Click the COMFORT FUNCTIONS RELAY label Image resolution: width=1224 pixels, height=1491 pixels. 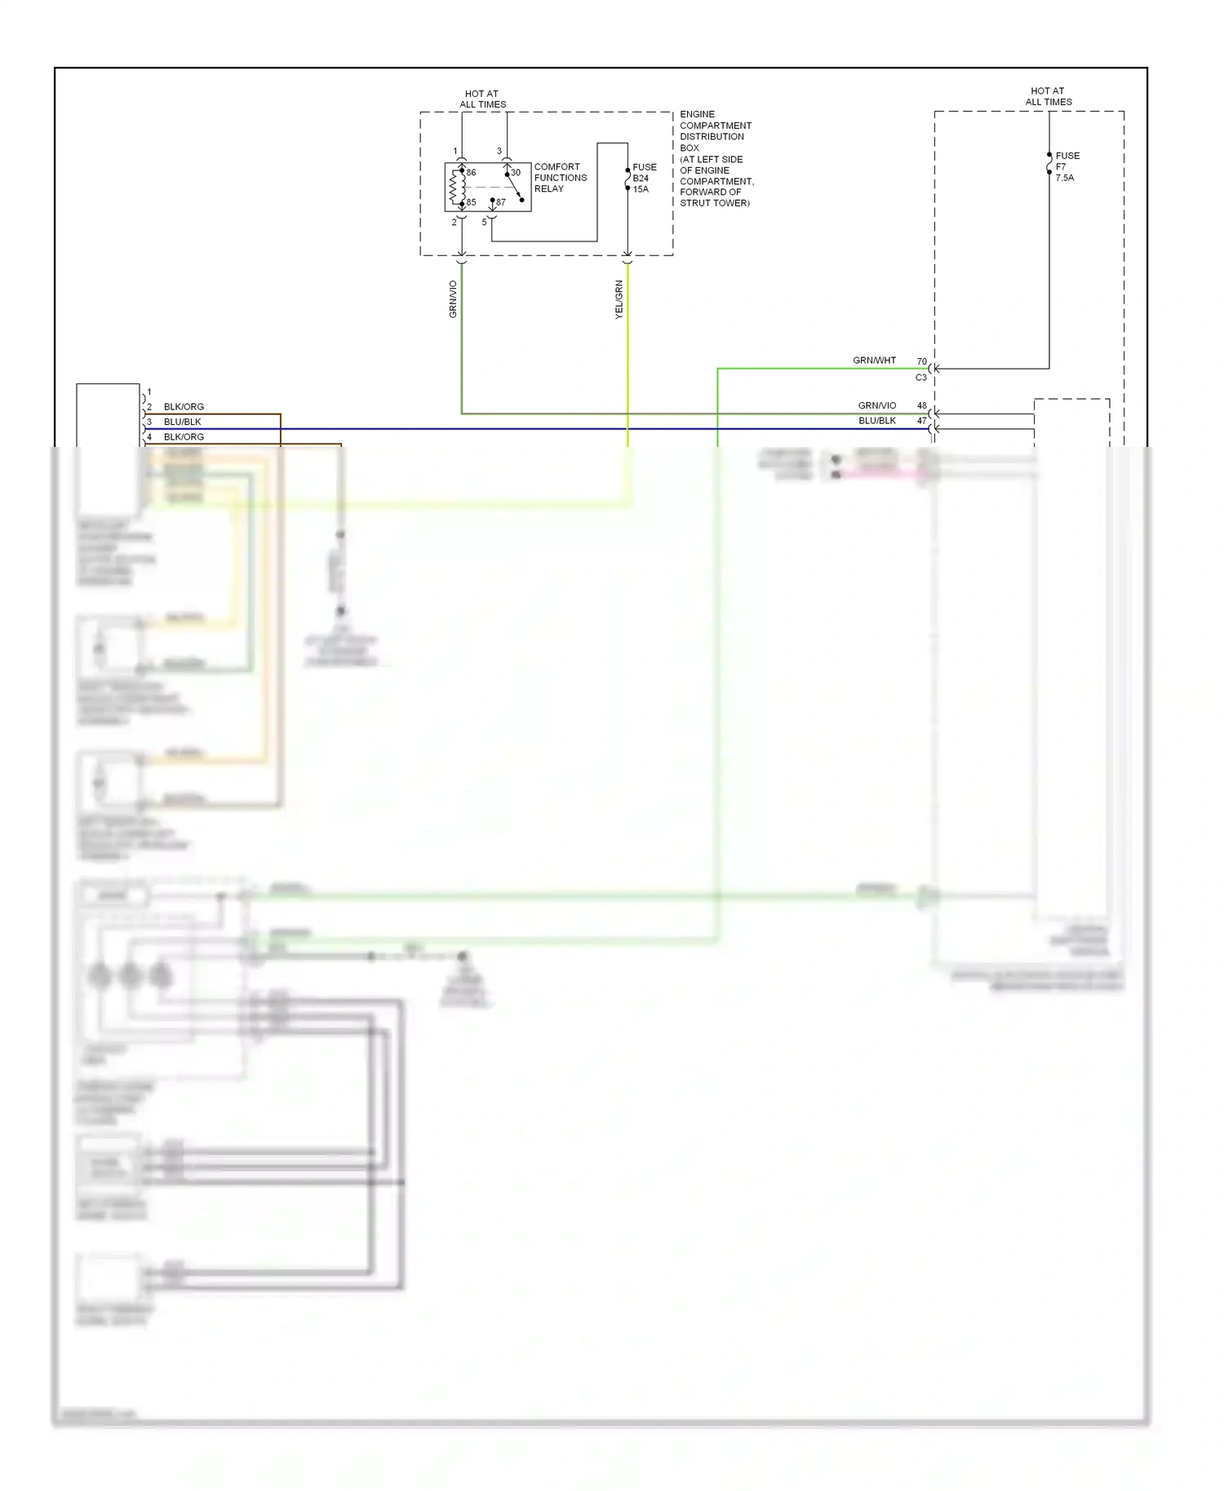pos(560,178)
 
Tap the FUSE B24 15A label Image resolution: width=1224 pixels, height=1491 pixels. pos(644,178)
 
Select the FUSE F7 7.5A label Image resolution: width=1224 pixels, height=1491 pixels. pos(1067,166)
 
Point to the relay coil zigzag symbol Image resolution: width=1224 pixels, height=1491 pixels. pos(455,188)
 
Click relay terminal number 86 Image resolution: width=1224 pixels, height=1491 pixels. pos(471,173)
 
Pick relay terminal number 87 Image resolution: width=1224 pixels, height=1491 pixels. pos(500,202)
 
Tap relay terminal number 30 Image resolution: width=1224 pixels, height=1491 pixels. pos(516,173)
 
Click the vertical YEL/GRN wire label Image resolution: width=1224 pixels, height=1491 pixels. pos(619,299)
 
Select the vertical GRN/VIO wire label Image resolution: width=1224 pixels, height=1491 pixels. pos(453,299)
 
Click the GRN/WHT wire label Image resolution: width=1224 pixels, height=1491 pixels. pos(874,361)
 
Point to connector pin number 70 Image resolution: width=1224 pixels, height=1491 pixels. pos(921,361)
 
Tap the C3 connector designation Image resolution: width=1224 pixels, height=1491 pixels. pos(920,378)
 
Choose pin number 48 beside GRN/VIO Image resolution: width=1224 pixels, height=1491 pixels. pos(921,405)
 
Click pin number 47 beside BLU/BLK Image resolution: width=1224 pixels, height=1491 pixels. pos(921,421)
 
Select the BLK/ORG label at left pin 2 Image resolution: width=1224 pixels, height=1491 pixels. pos(184,407)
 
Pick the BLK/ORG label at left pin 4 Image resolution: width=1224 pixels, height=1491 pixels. pos(184,437)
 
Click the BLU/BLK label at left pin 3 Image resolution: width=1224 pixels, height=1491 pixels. pos(182,422)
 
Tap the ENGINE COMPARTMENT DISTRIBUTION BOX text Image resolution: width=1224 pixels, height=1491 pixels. pos(716,159)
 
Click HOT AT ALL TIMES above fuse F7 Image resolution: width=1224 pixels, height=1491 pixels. pos(1048,96)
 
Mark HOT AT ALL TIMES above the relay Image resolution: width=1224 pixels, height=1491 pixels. pos(482,99)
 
